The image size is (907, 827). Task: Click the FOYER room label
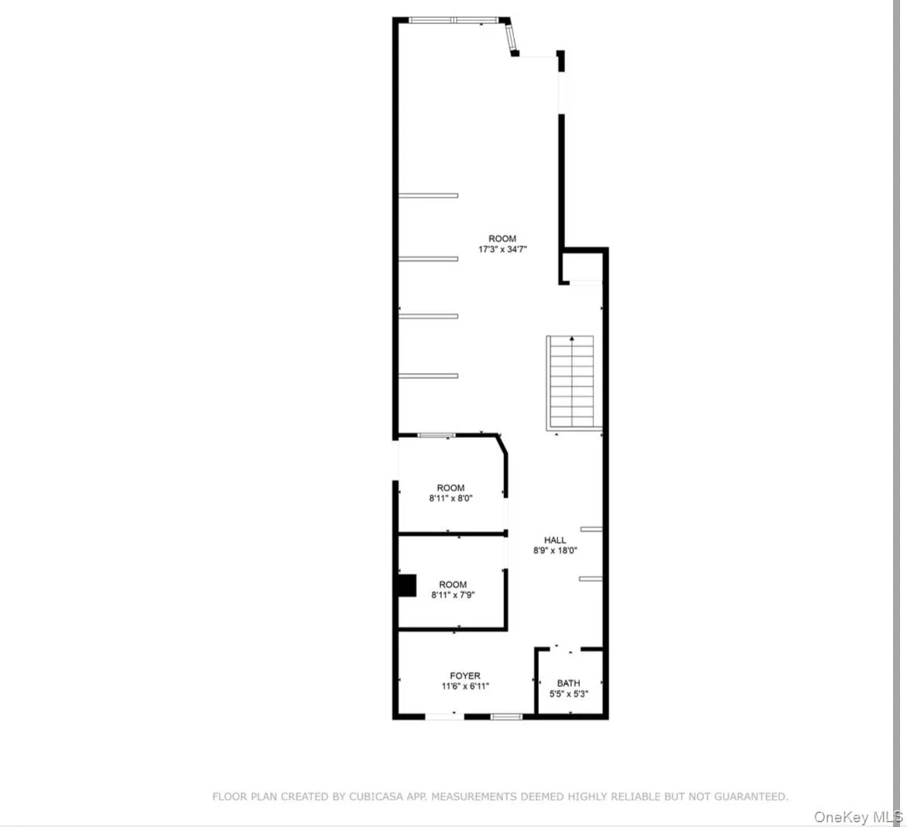[x=465, y=676]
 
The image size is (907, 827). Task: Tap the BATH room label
[x=568, y=683]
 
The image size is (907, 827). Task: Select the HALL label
[x=555, y=540]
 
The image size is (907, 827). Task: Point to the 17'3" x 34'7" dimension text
[x=502, y=250]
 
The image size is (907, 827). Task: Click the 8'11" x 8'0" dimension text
[x=450, y=499]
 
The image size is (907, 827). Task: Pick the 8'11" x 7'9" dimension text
[x=453, y=595]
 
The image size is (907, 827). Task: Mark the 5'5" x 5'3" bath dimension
[x=568, y=694]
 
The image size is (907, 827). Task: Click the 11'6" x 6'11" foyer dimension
[x=465, y=686]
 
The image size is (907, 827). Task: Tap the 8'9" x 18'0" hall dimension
[x=555, y=551]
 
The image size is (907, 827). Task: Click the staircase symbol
[x=572, y=382]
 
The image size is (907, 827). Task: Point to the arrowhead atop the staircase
[x=572, y=339]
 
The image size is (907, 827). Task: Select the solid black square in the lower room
[x=405, y=585]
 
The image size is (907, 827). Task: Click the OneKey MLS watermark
[x=858, y=817]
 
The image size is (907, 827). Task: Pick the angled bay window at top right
[x=511, y=37]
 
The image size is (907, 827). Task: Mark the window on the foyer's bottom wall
[x=507, y=717]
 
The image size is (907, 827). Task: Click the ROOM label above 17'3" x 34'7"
[x=502, y=239]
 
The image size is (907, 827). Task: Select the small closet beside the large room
[x=582, y=268]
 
